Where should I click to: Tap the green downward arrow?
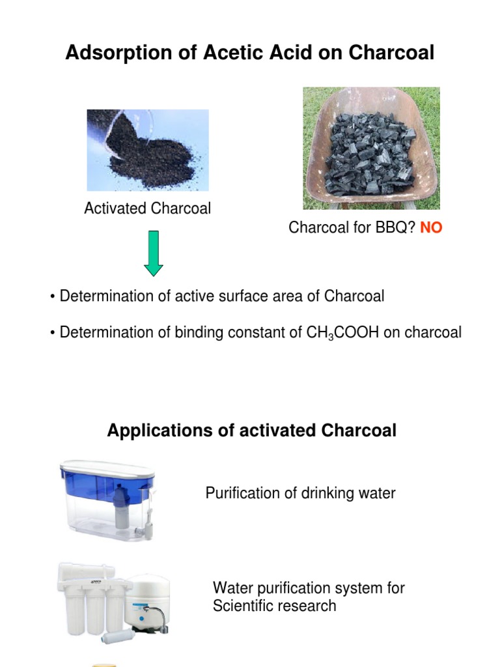[154, 253]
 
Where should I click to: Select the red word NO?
[431, 228]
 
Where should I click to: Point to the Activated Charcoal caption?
[147, 208]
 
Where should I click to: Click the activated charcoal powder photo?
[148, 150]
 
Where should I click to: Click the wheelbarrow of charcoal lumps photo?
[371, 149]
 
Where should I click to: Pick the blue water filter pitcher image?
[108, 498]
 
